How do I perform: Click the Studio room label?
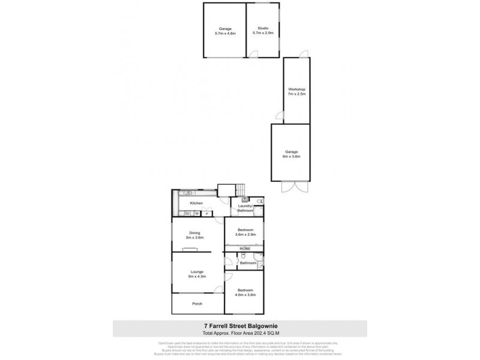click(x=262, y=28)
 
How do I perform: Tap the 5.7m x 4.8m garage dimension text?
click(x=225, y=34)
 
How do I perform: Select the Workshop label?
click(x=297, y=89)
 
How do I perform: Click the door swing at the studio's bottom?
click(x=254, y=54)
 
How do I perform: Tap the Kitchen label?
click(x=196, y=203)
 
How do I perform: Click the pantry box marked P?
click(x=207, y=212)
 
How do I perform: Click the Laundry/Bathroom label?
click(x=245, y=209)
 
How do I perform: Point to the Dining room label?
click(x=195, y=233)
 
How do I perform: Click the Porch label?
click(x=197, y=304)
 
